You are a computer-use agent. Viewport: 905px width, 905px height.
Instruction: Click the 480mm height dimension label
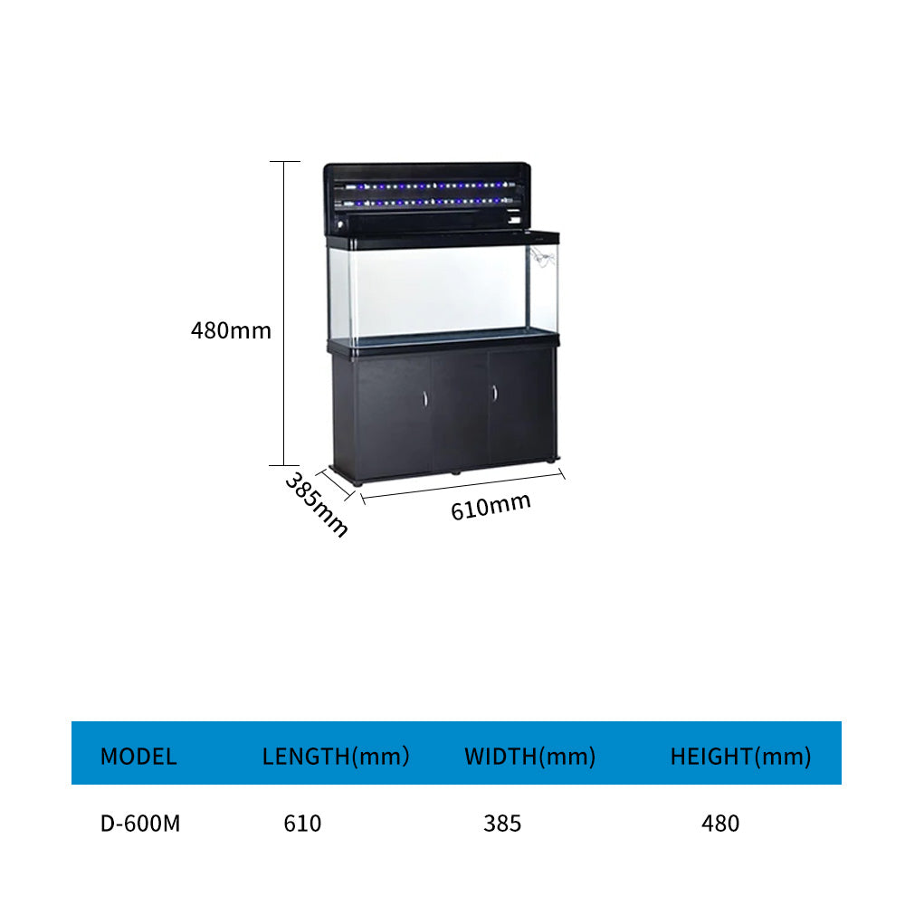[231, 330]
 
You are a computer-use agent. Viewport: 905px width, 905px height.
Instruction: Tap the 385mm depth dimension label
[317, 504]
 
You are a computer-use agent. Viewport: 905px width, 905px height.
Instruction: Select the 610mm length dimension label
[491, 507]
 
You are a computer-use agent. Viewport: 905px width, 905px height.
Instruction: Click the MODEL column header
[138, 757]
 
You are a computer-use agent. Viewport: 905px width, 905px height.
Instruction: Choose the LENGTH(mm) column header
[336, 757]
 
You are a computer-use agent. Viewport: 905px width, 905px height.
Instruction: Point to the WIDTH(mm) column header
[529, 757]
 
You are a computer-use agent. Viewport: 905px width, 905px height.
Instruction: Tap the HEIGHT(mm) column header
[740, 757]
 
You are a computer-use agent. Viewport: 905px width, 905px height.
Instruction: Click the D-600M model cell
[140, 824]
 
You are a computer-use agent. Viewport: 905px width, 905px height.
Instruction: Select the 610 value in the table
[302, 824]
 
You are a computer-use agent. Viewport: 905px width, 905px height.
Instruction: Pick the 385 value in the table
[502, 824]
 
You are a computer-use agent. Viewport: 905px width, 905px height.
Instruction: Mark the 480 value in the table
[720, 824]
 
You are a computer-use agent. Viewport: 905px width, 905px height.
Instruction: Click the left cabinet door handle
[425, 399]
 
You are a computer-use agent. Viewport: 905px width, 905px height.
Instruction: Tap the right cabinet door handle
[495, 393]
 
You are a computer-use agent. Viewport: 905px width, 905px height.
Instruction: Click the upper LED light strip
[424, 186]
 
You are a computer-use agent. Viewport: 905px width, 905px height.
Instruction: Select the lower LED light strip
[424, 202]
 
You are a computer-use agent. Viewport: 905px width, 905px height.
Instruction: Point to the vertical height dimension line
[284, 313]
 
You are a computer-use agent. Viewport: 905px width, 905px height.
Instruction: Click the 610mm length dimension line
[462, 486]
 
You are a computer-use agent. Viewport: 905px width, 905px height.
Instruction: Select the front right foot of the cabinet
[552, 461]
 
